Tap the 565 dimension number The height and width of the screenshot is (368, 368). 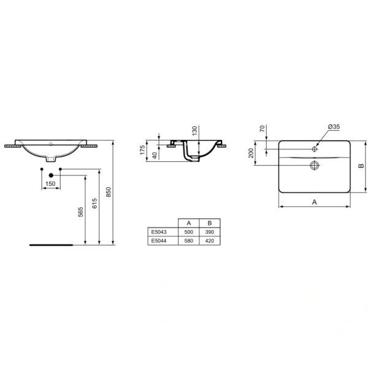tap(79, 212)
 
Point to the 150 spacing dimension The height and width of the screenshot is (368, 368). tap(50, 184)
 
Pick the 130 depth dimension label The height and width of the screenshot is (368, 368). tap(194, 131)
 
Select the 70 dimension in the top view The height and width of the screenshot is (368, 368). tap(263, 129)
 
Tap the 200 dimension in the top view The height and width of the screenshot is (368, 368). tap(251, 152)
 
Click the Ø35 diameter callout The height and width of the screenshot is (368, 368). tap(334, 126)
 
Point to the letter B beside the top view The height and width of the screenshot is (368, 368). tap(362, 166)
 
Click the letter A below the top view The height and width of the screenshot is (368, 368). tap(314, 201)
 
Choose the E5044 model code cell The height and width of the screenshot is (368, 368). tap(158, 242)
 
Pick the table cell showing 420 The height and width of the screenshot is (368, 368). tap(209, 242)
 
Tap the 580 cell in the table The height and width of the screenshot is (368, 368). tap(188, 242)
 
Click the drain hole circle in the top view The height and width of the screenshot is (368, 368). tap(315, 165)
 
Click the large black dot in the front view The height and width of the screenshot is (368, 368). tap(50, 175)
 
